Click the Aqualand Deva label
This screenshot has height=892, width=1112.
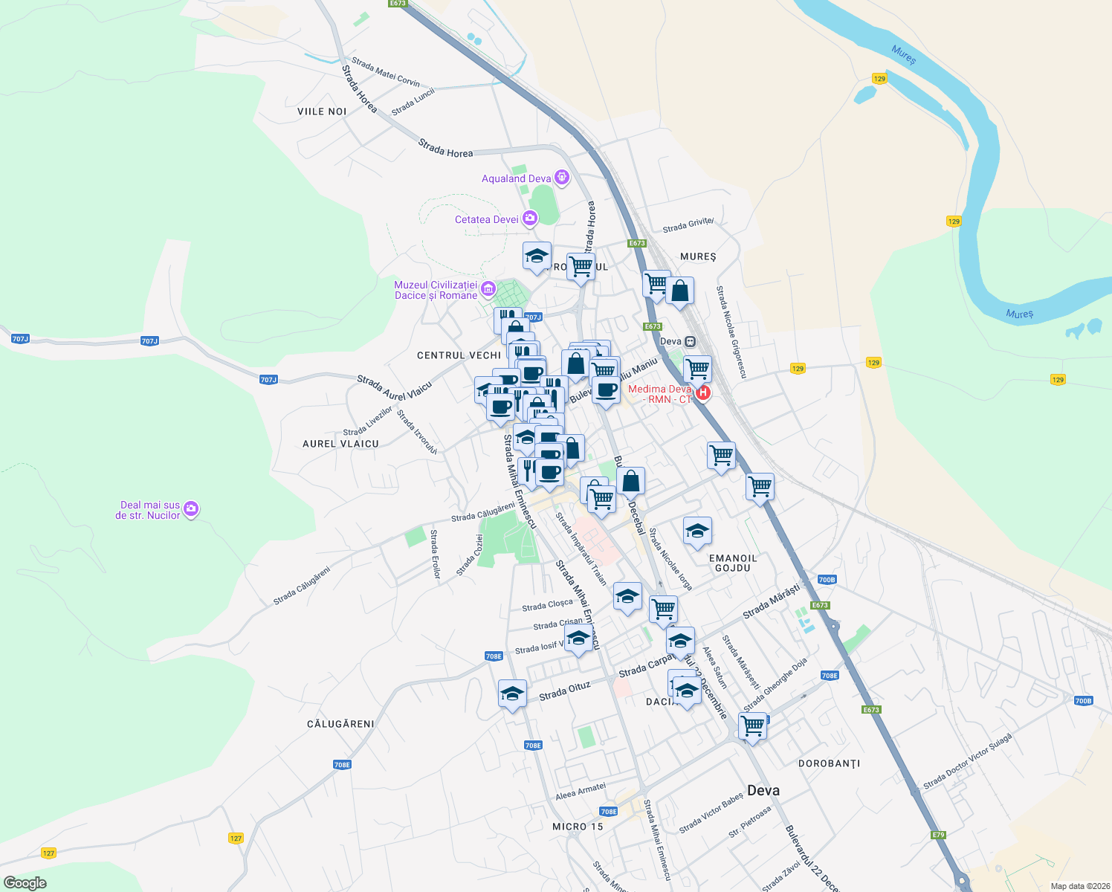click(516, 178)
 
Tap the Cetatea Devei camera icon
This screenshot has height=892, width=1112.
click(530, 218)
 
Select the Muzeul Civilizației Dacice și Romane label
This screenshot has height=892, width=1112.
click(436, 290)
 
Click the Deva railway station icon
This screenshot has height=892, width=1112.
click(691, 341)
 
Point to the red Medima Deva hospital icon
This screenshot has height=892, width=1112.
click(702, 392)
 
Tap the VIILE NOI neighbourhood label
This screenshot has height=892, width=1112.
click(322, 111)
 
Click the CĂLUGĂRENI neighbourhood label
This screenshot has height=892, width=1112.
click(341, 724)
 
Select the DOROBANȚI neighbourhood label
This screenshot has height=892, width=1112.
click(829, 763)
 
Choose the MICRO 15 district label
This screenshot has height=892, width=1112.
click(578, 827)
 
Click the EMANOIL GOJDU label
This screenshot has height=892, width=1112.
click(733, 563)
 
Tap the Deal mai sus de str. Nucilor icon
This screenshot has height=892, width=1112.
click(192, 509)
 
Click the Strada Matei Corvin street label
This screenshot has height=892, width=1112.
click(386, 72)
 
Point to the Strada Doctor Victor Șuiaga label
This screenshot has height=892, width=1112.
click(967, 762)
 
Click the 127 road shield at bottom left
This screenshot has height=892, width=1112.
click(236, 838)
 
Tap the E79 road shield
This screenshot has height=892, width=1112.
click(939, 835)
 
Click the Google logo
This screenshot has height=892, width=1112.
click(25, 882)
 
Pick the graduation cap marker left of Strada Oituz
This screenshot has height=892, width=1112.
click(512, 694)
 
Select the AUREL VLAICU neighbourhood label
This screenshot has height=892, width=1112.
click(340, 444)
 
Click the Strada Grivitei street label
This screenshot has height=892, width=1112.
click(688, 224)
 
